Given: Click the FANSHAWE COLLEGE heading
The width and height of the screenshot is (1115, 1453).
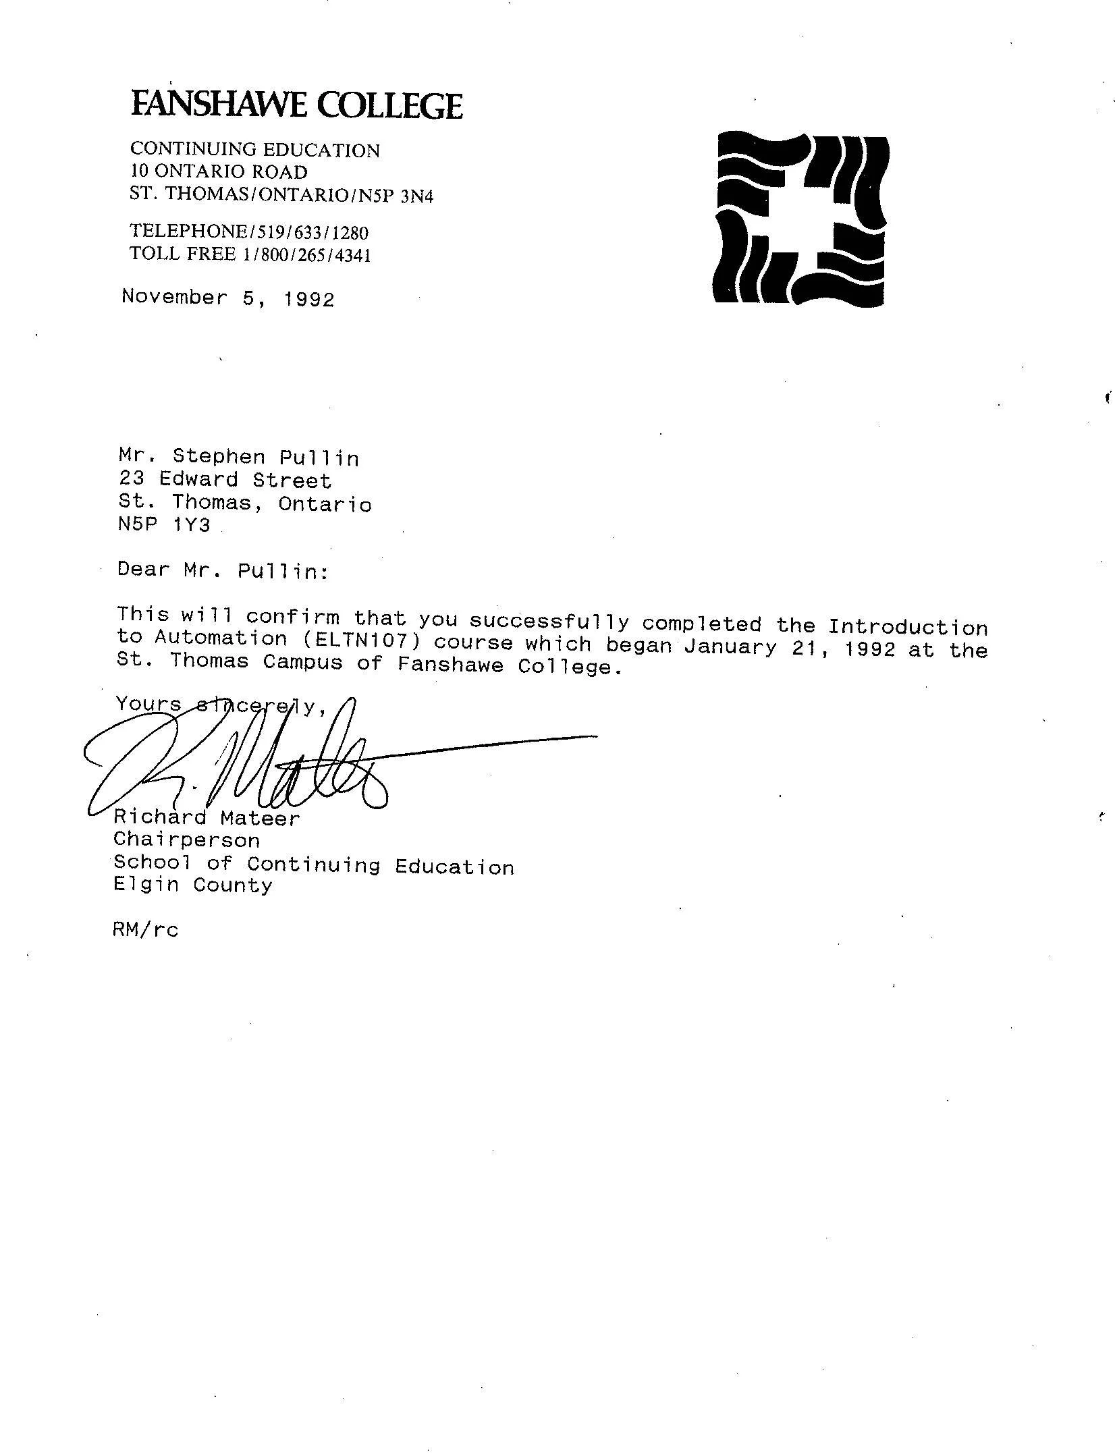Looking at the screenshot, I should pos(296,105).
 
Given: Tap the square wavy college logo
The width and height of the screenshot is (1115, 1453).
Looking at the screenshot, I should pos(801,219).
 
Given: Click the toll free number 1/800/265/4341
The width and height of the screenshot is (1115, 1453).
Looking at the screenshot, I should pos(307,255).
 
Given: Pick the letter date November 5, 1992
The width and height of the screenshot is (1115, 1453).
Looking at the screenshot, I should pos(228,298).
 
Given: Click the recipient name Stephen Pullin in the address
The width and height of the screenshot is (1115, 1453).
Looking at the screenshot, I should pos(266,458).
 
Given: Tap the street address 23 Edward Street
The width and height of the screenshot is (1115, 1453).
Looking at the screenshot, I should pos(225,480).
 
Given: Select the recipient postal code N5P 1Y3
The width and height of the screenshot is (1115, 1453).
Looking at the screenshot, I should pos(164,524).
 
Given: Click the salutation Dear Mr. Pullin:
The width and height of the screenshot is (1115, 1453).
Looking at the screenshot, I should pos(223,570).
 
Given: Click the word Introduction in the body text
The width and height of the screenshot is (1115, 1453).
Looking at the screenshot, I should pos(908,627).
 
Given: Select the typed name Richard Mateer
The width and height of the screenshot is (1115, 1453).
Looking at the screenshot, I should pos(206,818).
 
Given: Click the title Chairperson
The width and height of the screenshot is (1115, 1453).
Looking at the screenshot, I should pos(186,840).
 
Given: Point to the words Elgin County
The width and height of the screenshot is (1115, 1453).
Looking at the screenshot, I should pos(192,885).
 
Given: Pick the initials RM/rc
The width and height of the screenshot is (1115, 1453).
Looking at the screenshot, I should pos(146,930).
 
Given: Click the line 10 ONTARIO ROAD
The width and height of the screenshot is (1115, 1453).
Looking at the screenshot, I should pos(218,171).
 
